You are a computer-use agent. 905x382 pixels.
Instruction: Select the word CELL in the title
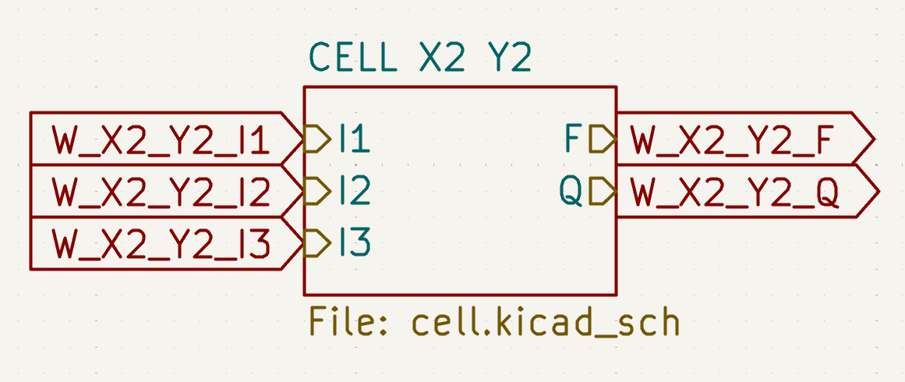[351, 58]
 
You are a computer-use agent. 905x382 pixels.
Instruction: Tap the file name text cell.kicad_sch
[546, 321]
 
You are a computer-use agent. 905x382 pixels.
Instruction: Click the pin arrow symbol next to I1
[316, 140]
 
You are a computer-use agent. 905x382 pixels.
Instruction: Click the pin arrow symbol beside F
[603, 140]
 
